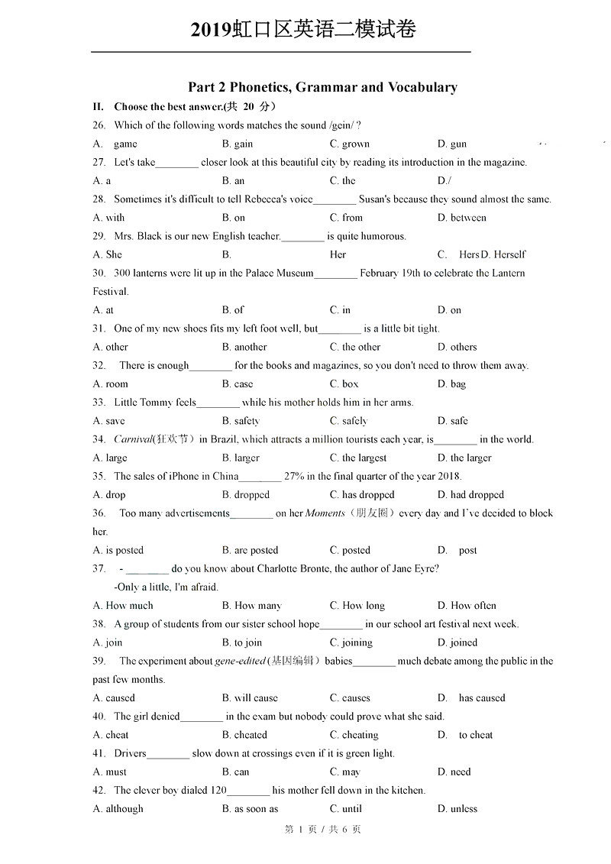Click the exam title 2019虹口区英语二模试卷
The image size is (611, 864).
(303, 29)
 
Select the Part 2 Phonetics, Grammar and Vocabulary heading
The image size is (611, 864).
(322, 87)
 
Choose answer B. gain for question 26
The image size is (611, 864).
(238, 144)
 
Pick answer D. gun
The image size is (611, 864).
(452, 144)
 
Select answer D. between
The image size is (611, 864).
(462, 218)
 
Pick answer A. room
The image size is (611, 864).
(111, 384)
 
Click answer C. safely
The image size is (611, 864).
(349, 421)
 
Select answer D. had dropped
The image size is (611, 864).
(470, 495)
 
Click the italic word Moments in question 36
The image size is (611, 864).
(325, 513)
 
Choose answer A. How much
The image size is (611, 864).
(123, 606)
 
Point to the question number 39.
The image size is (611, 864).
(99, 661)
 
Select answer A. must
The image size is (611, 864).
(110, 772)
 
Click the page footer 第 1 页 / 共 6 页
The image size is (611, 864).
(322, 829)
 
